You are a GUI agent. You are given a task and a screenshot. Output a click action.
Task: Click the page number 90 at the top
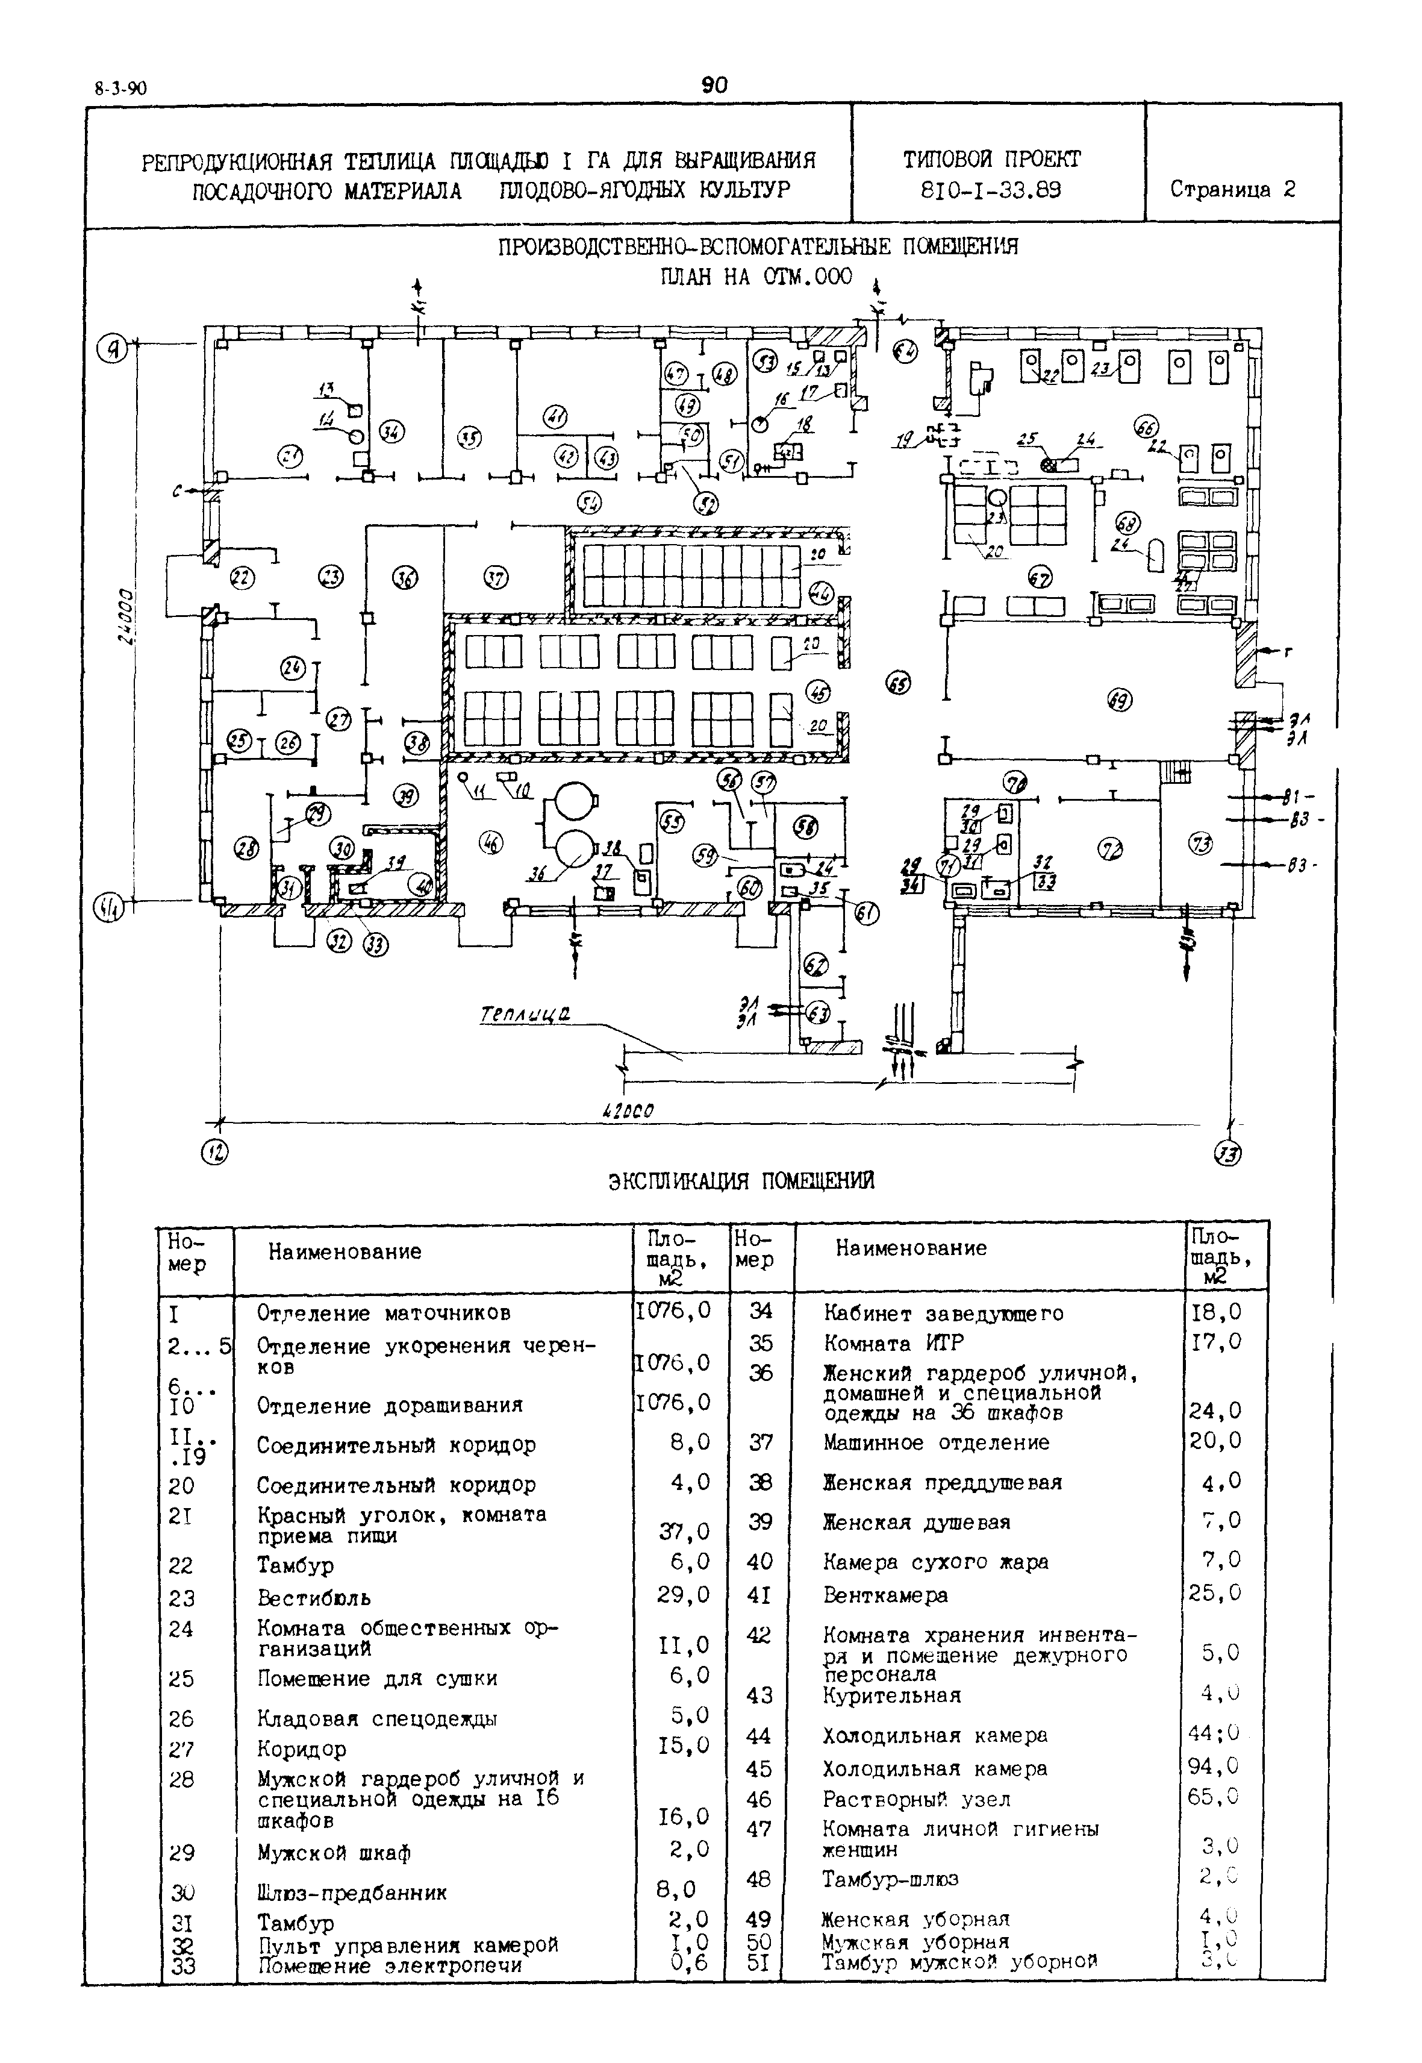tap(714, 86)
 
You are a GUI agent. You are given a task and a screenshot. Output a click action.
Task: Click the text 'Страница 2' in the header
tap(1232, 189)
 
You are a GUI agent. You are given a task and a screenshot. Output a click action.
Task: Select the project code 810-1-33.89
tap(991, 190)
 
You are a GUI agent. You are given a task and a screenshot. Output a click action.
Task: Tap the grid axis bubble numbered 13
tap(1229, 1154)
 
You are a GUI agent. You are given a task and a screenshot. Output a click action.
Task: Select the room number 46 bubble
tap(491, 842)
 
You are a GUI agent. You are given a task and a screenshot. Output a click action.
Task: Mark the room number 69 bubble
tap(1119, 701)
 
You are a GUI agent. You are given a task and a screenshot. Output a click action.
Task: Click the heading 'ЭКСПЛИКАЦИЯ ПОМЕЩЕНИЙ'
tap(741, 1181)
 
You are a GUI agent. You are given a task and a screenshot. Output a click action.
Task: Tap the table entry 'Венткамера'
tap(885, 1595)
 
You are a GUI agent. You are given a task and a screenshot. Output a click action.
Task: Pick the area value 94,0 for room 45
tap(1214, 1765)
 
